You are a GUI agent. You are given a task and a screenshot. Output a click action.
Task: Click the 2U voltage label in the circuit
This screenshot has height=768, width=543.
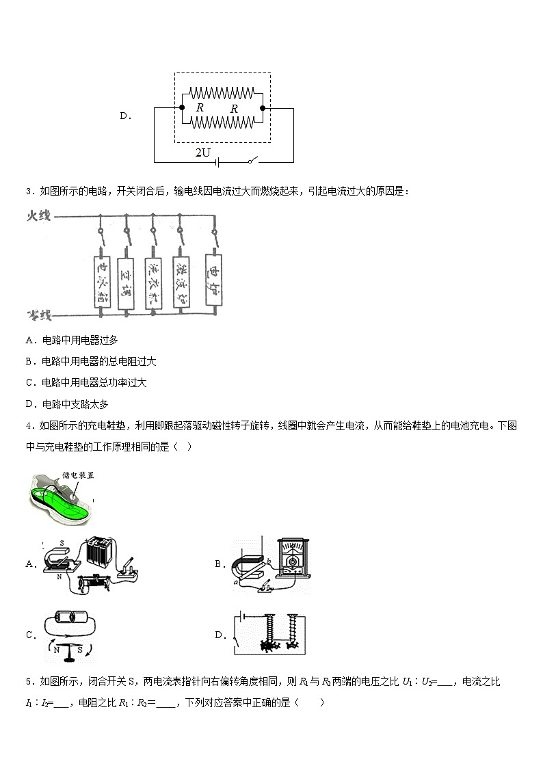(x=202, y=153)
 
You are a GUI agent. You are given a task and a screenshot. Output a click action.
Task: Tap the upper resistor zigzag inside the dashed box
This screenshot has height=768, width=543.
(x=222, y=92)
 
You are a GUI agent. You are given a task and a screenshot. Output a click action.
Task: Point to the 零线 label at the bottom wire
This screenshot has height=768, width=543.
(x=39, y=315)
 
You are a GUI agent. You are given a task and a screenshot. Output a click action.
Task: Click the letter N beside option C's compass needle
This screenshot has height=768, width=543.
(x=56, y=650)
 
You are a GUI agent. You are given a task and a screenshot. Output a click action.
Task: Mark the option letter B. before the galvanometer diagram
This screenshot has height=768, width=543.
(x=220, y=564)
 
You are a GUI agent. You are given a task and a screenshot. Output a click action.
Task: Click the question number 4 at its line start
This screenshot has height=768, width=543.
(x=28, y=425)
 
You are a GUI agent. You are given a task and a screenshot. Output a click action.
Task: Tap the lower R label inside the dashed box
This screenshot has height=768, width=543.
(x=234, y=109)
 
